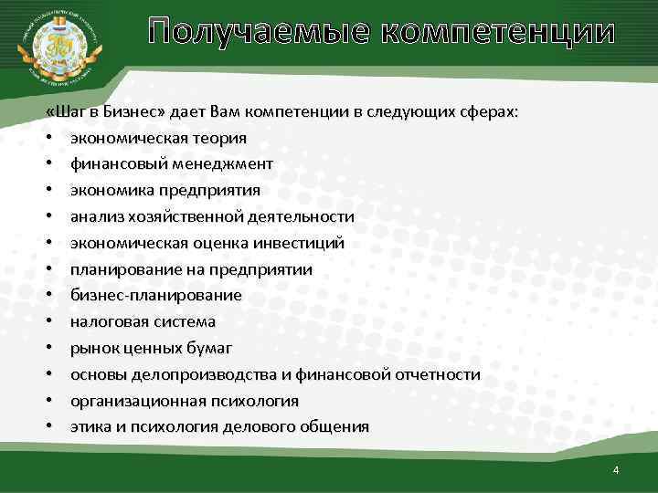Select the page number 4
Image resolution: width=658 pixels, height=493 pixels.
(616, 470)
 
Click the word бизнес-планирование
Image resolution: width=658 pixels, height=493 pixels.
(156, 295)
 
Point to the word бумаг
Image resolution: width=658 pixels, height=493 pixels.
(211, 348)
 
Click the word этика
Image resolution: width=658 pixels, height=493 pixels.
(89, 426)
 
